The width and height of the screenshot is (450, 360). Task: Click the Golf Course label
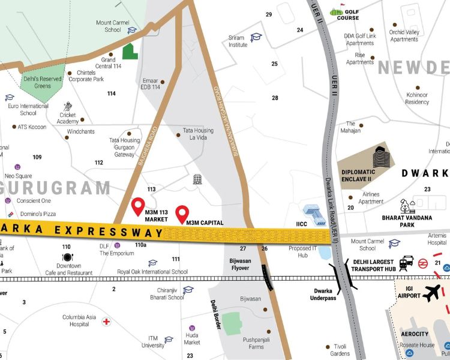[347, 14]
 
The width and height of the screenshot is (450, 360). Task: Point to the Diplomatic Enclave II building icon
[382, 157]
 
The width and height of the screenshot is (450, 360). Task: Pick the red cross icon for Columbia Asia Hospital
[106, 321]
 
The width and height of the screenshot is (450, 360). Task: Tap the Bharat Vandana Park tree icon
[409, 206]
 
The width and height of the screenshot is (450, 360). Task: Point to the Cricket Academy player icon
[68, 106]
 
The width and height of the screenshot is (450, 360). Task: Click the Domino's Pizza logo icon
[8, 214]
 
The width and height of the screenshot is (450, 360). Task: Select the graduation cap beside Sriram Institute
[256, 37]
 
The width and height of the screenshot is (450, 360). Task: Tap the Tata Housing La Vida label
[197, 134]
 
